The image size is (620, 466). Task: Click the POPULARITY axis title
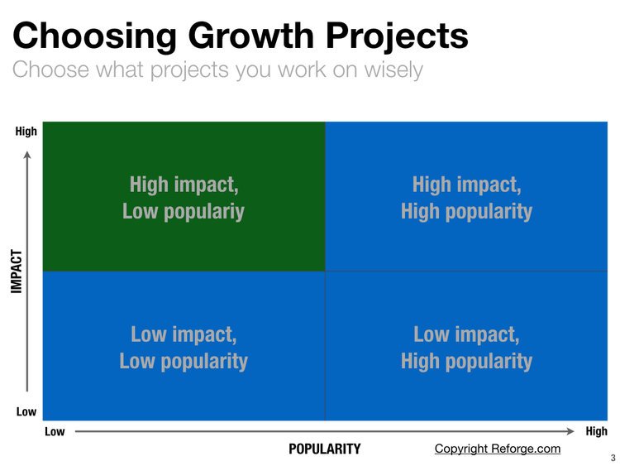324,449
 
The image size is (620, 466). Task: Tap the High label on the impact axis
26,131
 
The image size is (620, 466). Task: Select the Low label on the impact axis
26,411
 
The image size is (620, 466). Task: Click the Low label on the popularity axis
54,431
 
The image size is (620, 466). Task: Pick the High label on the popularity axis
595,431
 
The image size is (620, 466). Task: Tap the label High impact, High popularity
466,197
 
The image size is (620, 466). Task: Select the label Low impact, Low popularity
184,348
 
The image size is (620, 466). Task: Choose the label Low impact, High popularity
466,348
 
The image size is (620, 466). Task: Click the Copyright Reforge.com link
497,449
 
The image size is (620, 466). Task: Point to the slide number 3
613,457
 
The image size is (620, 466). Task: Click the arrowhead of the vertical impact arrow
27,154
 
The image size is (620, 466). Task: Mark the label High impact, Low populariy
184,197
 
